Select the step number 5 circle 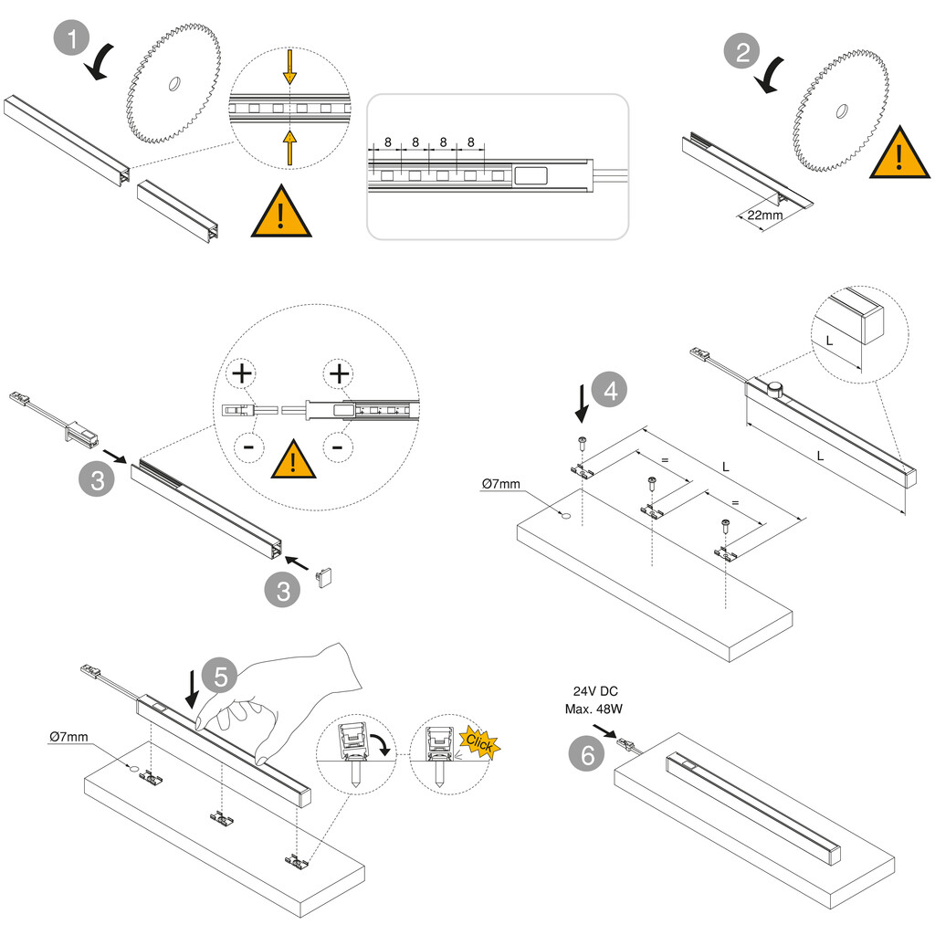point(221,677)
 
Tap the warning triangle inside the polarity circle point(293,459)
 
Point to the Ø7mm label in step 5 point(68,735)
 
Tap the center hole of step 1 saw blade point(172,85)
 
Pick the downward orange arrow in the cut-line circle point(289,66)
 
